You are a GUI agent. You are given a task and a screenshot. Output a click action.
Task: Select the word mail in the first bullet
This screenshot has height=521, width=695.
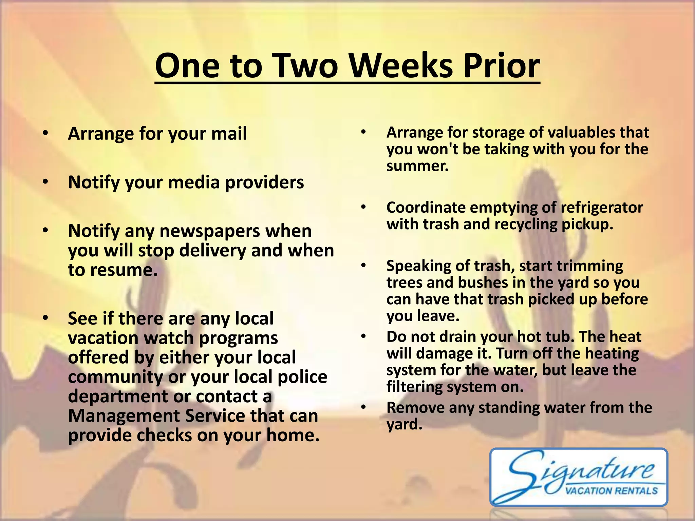(229, 133)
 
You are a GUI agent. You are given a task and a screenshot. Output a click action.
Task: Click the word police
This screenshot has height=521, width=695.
(302, 377)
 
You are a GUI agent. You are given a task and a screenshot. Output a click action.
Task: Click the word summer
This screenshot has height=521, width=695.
(417, 166)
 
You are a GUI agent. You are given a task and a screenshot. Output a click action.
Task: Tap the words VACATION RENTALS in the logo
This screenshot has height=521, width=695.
(611, 490)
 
